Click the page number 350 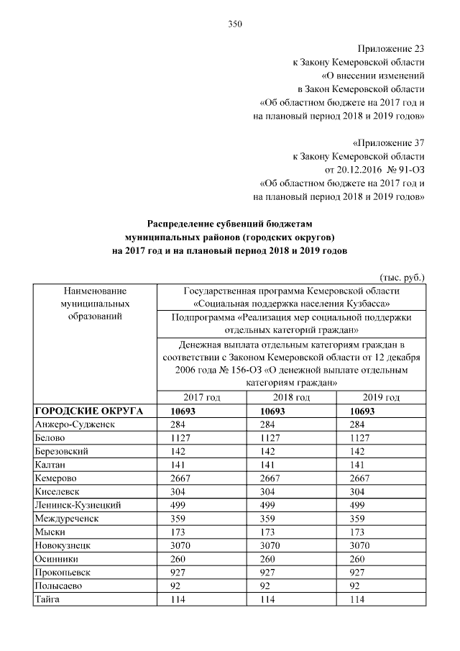[x=235, y=24]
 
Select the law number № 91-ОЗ [x=406, y=169]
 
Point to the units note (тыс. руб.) [x=402, y=276]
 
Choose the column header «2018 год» [x=292, y=397]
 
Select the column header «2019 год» [x=381, y=397]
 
